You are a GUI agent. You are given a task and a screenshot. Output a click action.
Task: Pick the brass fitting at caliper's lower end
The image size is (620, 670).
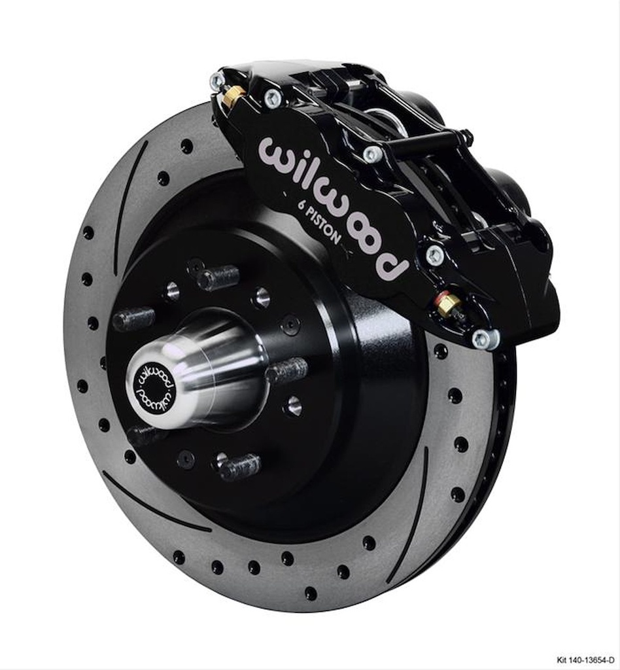coord(448,305)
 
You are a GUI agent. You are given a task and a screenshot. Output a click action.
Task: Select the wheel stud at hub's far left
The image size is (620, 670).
coord(133,319)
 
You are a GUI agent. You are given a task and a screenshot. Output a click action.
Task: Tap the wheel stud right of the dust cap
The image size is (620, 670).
coord(287,371)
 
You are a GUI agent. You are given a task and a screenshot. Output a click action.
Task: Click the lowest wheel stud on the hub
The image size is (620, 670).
coord(239,467)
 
